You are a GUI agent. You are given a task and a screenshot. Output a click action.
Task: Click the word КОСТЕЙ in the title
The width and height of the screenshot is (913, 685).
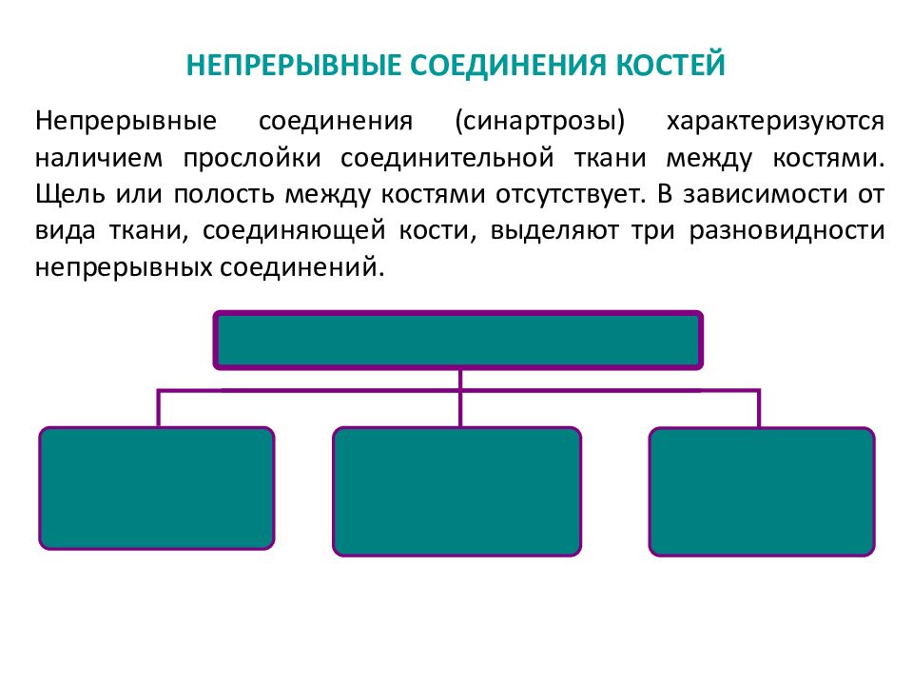click(670, 64)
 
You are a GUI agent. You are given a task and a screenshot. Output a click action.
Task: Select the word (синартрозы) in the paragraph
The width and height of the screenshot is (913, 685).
click(540, 121)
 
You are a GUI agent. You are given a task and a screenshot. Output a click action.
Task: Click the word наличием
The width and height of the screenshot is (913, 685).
click(99, 159)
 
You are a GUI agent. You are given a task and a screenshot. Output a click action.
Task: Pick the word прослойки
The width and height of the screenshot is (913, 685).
click(252, 160)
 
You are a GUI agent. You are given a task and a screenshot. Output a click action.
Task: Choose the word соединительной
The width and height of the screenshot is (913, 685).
click(447, 160)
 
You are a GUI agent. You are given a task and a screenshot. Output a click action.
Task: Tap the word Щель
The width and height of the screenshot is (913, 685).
click(69, 194)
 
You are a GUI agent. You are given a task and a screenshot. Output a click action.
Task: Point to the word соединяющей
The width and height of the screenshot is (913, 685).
click(294, 231)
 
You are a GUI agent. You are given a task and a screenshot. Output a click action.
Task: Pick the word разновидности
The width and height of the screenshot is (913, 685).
click(787, 231)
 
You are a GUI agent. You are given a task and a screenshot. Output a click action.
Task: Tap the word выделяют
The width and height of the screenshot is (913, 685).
click(554, 231)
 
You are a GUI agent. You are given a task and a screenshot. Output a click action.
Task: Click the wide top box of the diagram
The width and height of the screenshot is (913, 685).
click(458, 341)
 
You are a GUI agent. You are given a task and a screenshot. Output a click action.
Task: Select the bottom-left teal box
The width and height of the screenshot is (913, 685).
click(157, 488)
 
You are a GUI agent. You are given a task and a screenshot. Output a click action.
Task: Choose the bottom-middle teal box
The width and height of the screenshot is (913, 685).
click(457, 491)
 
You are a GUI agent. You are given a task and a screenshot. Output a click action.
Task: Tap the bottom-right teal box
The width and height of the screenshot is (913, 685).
click(762, 491)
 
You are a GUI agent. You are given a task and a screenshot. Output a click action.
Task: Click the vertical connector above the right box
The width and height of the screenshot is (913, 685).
click(759, 408)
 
